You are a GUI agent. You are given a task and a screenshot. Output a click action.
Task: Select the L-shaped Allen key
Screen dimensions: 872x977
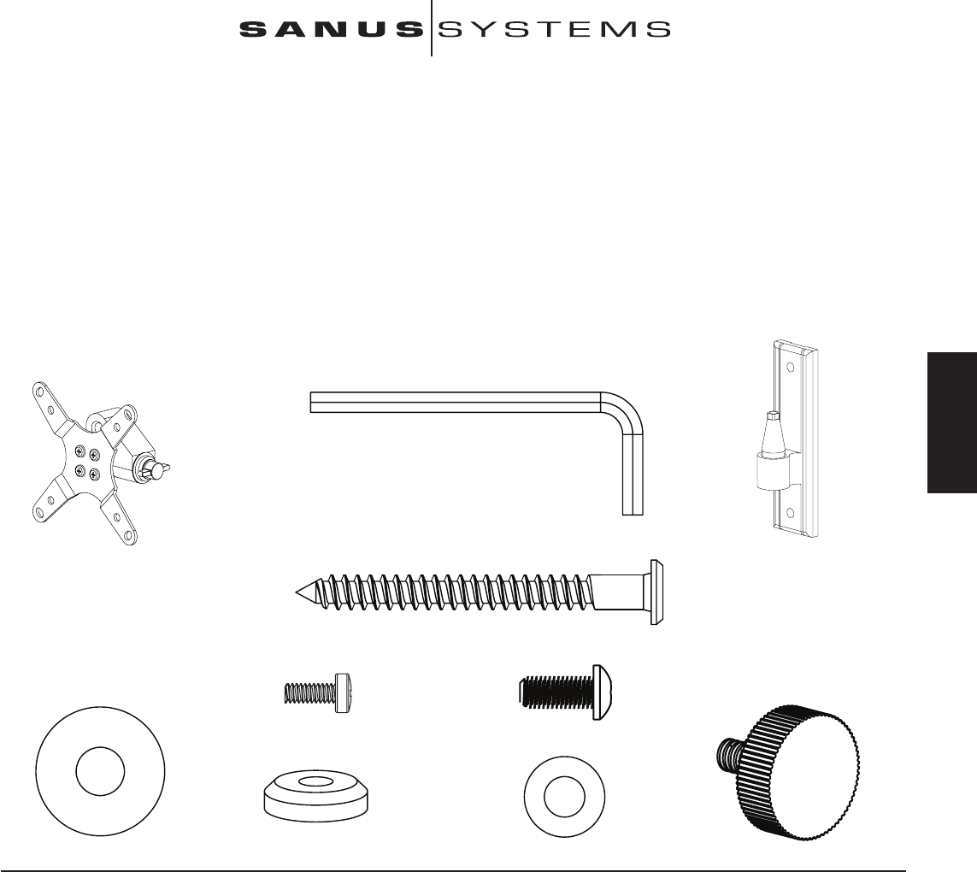(462, 401)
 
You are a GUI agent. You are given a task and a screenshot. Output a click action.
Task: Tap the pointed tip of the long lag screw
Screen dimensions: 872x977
(298, 591)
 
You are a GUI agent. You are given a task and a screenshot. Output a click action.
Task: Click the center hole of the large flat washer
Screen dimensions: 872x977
(99, 774)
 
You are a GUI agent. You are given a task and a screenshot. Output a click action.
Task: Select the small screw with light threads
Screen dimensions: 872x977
(315, 690)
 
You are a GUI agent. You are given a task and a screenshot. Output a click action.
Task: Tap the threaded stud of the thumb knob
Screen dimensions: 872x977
(727, 751)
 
